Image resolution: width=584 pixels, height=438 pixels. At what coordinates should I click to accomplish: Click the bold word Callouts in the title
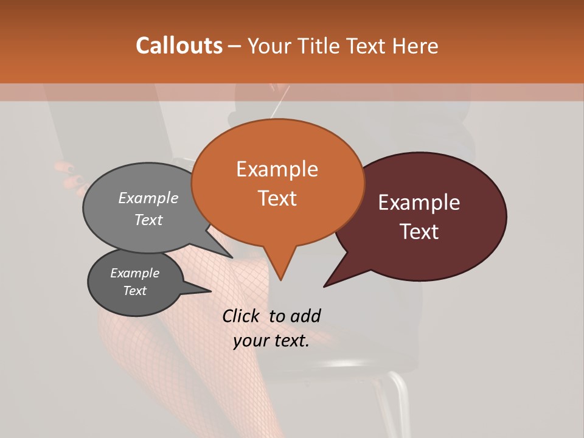(x=179, y=46)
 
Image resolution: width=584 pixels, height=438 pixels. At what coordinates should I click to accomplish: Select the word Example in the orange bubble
(x=277, y=169)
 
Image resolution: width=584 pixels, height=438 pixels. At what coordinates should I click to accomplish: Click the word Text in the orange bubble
(x=277, y=198)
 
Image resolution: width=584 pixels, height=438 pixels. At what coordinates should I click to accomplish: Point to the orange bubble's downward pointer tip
(x=280, y=279)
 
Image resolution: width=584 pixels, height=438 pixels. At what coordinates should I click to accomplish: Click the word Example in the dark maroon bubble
(x=419, y=203)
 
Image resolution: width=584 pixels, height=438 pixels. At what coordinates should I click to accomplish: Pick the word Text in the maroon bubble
(x=419, y=232)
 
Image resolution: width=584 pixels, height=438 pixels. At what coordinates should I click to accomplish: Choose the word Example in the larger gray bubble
(x=148, y=198)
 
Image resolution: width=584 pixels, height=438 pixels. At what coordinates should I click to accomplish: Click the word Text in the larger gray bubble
(x=148, y=220)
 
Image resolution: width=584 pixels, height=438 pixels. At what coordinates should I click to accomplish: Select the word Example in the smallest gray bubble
(x=135, y=273)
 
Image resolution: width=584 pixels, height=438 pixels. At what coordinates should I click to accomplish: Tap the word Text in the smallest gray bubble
(x=135, y=291)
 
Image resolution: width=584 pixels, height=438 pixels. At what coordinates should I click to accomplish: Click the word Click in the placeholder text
(x=242, y=316)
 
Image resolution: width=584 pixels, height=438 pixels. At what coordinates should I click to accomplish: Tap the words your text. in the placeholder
(x=271, y=341)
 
